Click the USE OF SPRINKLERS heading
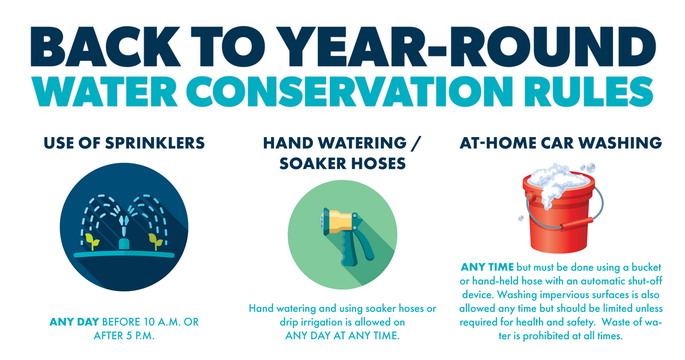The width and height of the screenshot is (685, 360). (x=123, y=142)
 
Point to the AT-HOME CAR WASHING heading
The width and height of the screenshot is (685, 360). (x=561, y=142)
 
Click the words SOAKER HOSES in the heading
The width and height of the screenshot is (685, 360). (x=342, y=163)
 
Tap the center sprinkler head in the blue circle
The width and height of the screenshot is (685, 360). (x=123, y=242)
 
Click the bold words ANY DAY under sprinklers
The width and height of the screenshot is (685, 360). (x=75, y=322)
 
